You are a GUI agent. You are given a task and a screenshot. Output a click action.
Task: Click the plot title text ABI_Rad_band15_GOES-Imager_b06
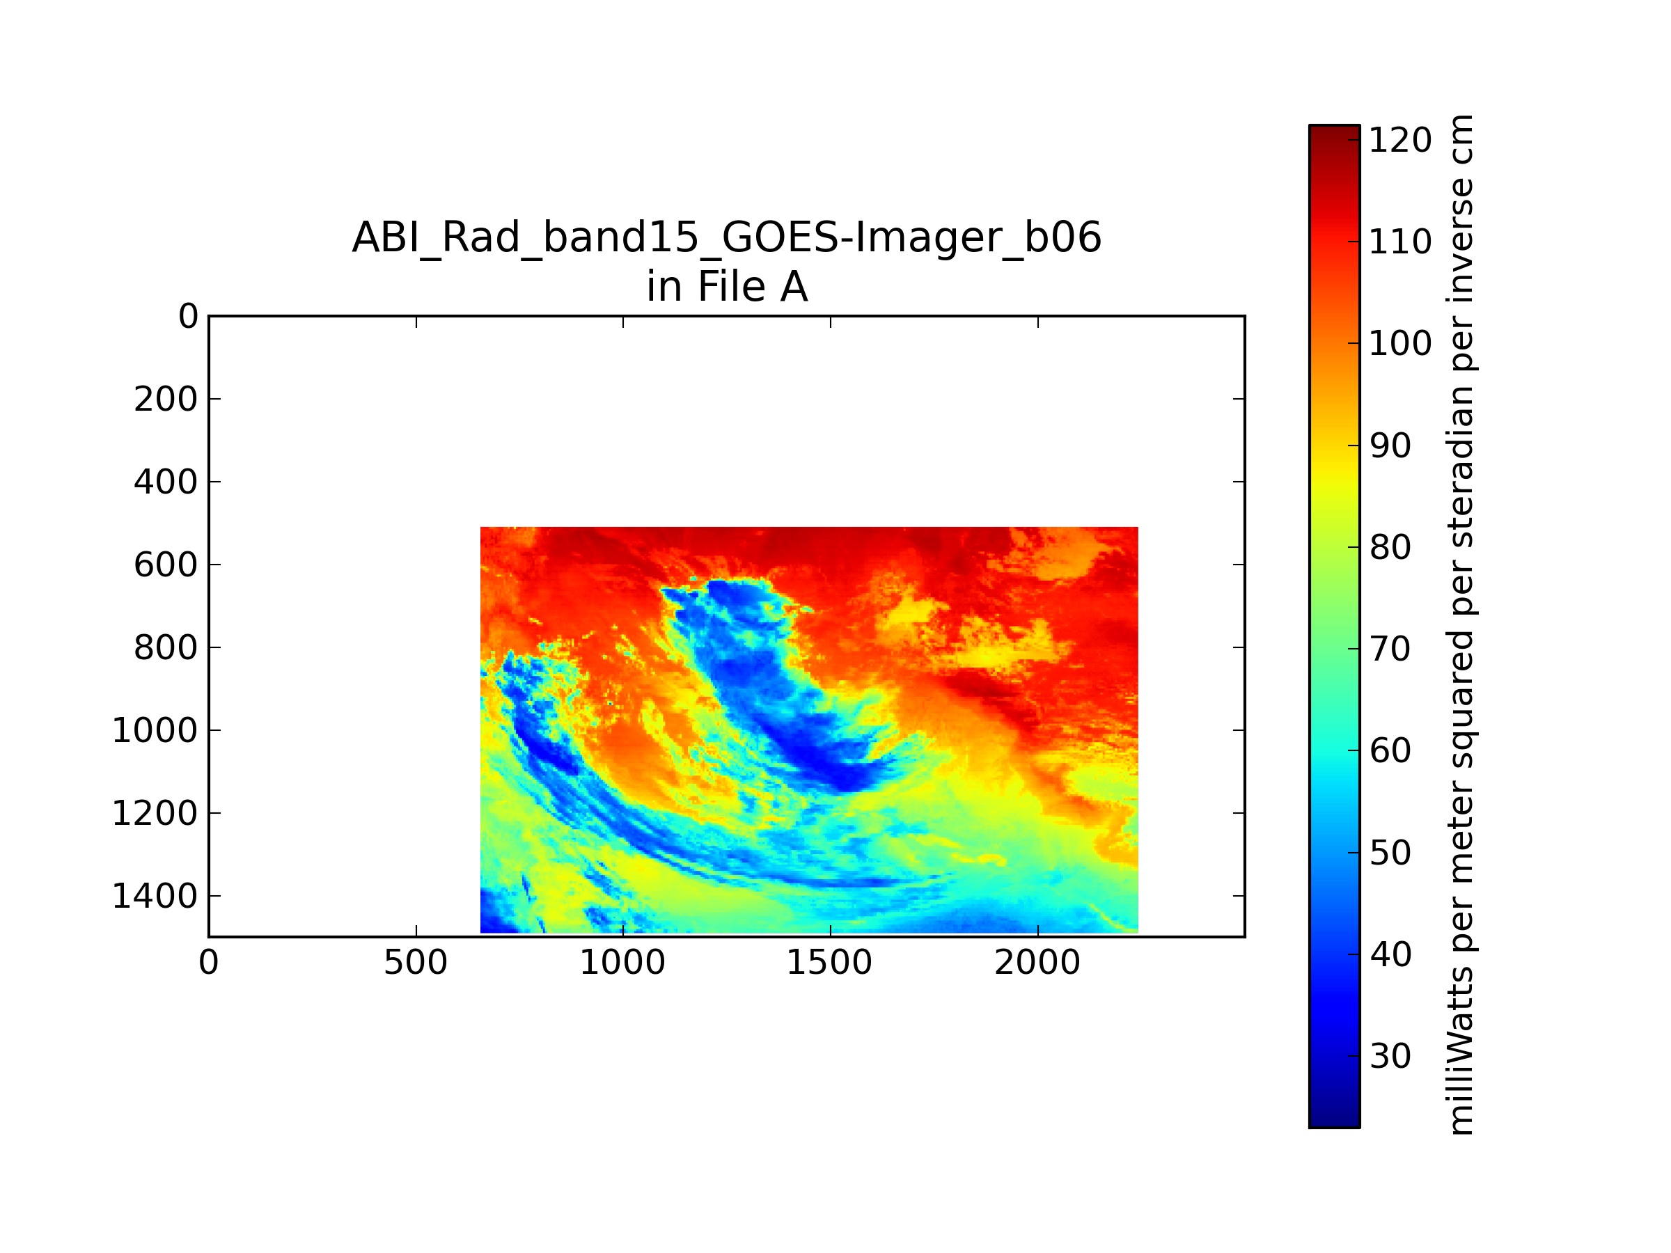click(727, 239)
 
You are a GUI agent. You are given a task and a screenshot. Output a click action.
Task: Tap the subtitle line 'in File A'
click(727, 287)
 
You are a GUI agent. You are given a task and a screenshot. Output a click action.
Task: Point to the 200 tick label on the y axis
click(166, 400)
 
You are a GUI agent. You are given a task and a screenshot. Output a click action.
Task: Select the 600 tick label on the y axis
click(166, 565)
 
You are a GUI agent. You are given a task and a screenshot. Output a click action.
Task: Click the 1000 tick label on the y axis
click(155, 731)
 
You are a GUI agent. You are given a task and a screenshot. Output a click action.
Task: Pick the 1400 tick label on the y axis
click(155, 897)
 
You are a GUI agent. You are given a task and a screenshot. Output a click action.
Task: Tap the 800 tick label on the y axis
click(166, 648)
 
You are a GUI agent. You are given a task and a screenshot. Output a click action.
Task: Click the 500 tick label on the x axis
click(416, 963)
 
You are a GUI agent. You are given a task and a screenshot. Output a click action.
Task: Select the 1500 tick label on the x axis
click(829, 963)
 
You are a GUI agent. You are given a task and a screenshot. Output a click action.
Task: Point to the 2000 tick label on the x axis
click(1037, 963)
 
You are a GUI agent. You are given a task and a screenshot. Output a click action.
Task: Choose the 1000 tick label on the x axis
click(622, 963)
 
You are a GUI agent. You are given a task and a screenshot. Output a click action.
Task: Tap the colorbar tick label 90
click(1390, 446)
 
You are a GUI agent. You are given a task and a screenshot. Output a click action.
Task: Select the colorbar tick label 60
click(1390, 752)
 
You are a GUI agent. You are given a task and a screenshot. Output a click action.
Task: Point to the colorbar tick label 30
click(1390, 1057)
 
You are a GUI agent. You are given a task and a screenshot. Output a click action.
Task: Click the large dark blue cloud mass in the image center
click(785, 695)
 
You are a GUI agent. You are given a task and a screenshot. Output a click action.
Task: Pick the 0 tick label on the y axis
click(188, 317)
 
